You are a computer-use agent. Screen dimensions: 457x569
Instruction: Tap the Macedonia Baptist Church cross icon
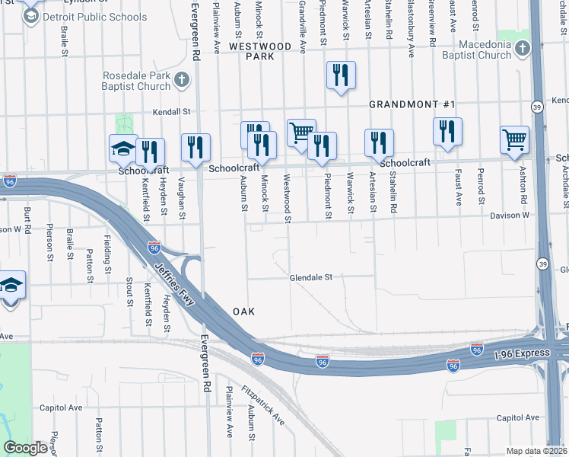[522, 50]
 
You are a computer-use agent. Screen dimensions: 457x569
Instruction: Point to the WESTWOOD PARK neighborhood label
[260, 51]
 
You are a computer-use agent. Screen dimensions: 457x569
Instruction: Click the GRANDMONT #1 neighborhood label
[412, 104]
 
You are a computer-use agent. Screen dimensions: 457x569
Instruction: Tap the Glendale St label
[311, 278]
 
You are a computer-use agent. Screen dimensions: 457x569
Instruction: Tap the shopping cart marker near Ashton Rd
[515, 141]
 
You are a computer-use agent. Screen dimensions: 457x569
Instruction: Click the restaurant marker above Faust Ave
[448, 132]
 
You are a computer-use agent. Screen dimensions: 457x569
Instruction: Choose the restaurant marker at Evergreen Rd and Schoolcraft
[196, 148]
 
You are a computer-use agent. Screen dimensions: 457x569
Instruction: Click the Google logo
[25, 448]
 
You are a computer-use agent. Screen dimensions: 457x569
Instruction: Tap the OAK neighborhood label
[243, 312]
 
